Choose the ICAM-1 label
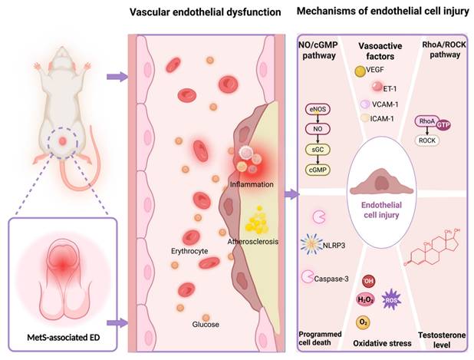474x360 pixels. pos(387,119)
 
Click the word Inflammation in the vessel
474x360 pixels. pos(252,186)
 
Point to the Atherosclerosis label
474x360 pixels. pos(252,241)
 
